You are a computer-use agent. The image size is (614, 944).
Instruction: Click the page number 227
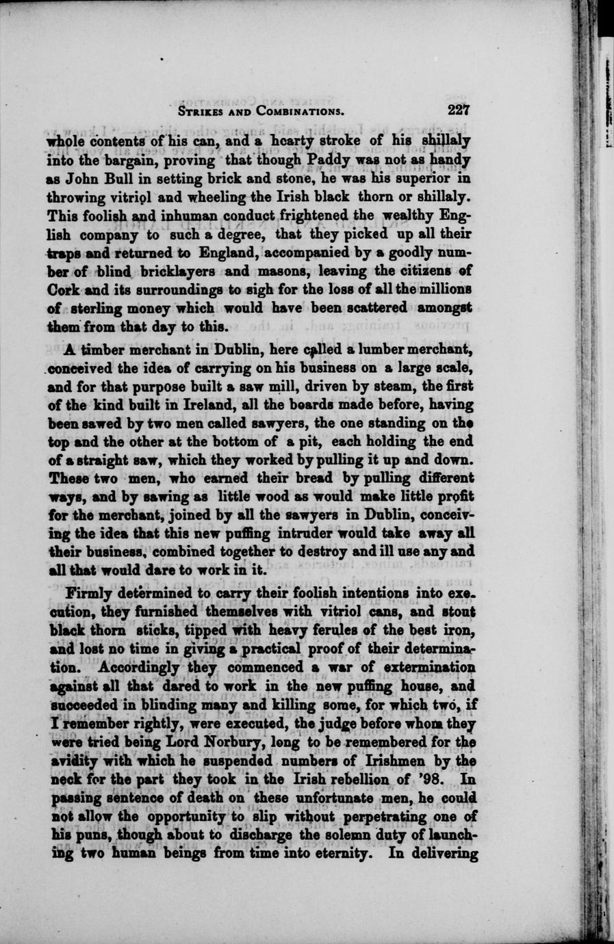pyautogui.click(x=458, y=111)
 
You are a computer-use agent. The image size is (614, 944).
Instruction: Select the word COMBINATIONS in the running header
pyautogui.click(x=299, y=112)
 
